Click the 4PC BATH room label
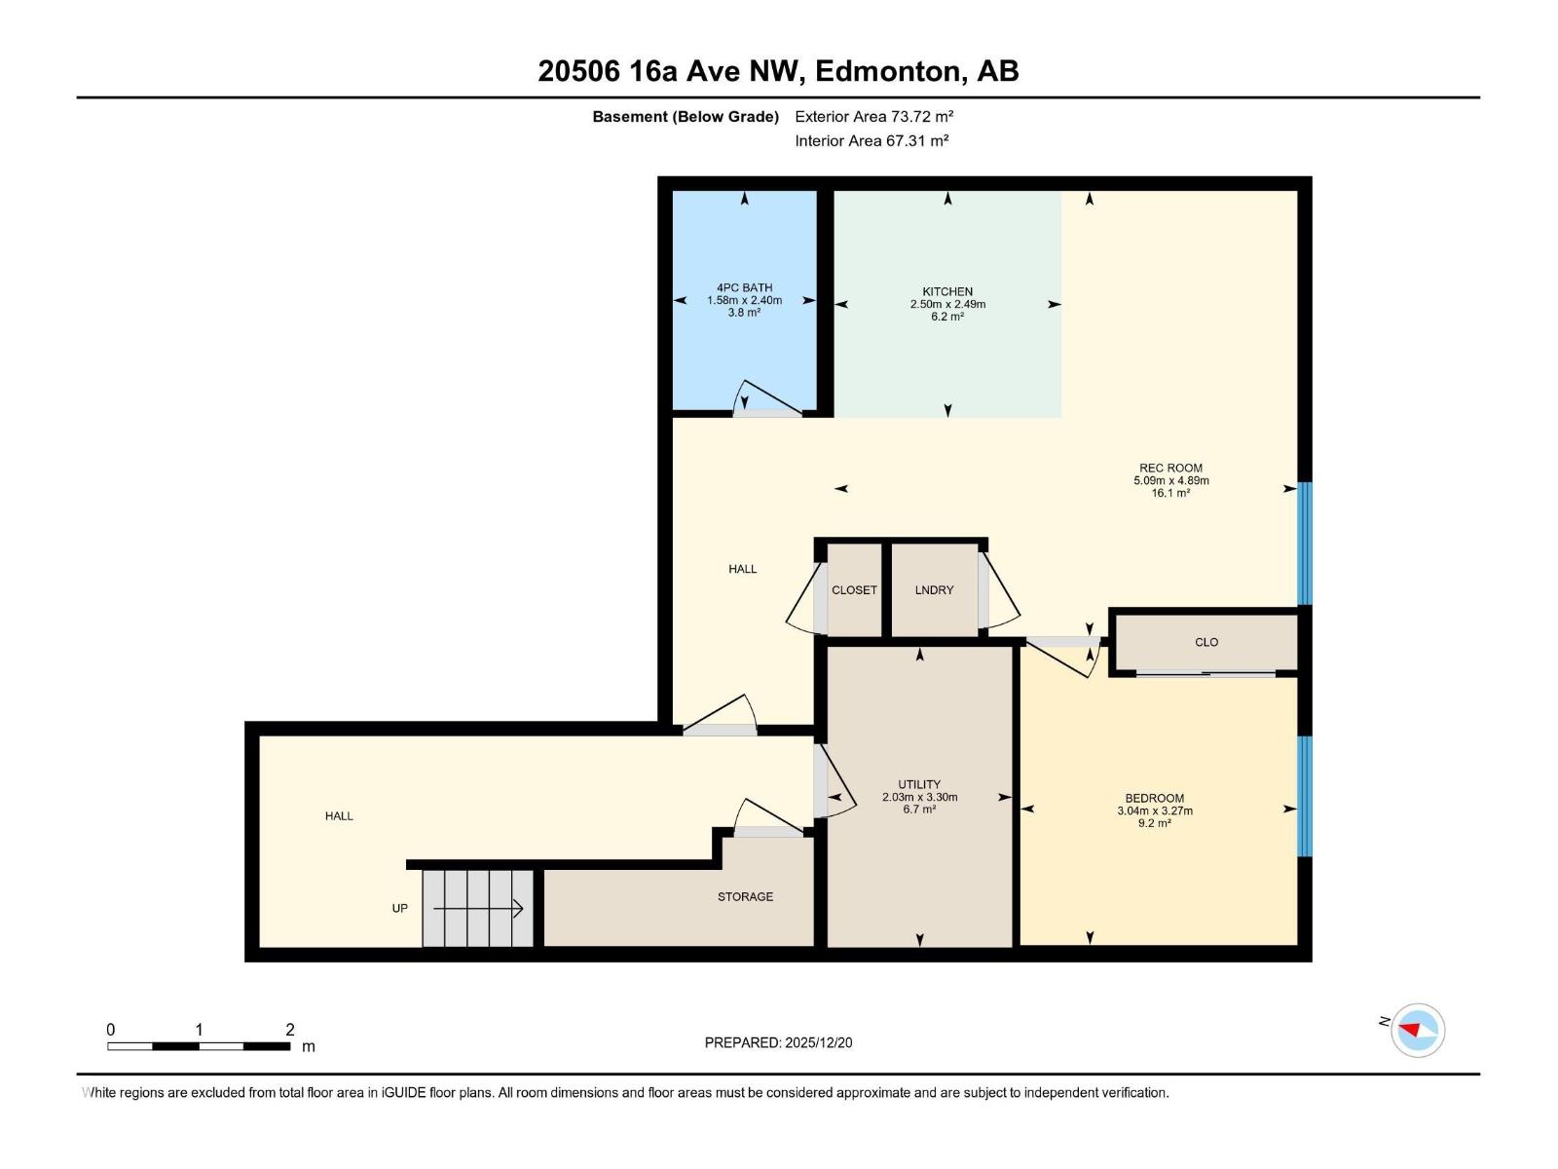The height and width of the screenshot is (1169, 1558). pos(744,287)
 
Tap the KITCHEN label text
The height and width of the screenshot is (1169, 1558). pos(947,291)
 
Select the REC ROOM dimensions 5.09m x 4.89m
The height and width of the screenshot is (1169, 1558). pos(1170,480)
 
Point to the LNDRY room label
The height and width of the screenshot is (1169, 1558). pos(934,590)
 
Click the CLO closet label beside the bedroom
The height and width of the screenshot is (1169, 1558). pos(1206,642)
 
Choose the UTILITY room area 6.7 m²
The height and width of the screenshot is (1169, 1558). pos(919,810)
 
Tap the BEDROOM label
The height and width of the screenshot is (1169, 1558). pos(1154,798)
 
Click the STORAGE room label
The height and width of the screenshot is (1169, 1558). pos(745,896)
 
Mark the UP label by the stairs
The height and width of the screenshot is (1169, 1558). pos(399,908)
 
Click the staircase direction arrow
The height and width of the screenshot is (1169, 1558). pos(478,909)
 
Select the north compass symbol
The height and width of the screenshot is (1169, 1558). pos(1417,1030)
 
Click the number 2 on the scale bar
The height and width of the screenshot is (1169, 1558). pos(290,1030)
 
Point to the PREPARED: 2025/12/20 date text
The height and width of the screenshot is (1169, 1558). pos(778,1042)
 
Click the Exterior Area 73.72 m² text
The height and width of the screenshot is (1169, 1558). pos(873,116)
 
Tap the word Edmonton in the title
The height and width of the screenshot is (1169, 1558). pos(887,71)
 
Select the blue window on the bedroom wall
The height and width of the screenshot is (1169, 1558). pos(1305,796)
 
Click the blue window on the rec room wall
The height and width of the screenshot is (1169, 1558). pos(1305,543)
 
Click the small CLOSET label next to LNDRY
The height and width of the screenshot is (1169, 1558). pos(854,590)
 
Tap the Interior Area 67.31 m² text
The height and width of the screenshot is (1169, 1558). pos(872,140)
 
